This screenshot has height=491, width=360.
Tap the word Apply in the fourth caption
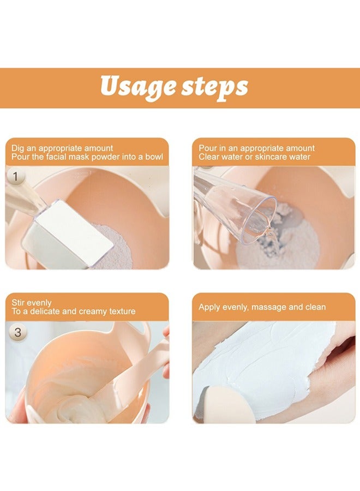point(209,307)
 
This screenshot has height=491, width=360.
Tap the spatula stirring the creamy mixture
point(134,374)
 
